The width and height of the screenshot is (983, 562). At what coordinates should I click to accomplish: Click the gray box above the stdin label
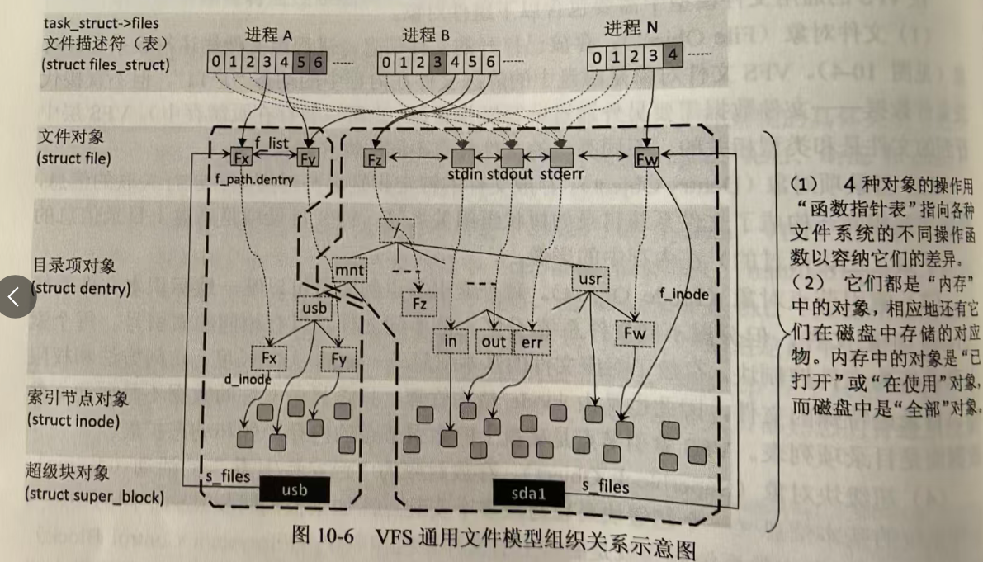coord(462,157)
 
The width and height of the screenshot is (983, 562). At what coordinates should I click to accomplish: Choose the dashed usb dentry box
coord(315,309)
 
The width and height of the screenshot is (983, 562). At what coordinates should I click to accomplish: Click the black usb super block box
coord(294,489)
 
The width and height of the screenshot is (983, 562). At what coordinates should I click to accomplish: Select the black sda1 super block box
coord(529,494)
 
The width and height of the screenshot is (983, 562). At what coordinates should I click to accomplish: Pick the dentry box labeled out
coord(494,342)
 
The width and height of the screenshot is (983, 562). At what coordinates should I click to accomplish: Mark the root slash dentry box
coord(397,229)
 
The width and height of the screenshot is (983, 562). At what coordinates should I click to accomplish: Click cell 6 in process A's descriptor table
coord(319,61)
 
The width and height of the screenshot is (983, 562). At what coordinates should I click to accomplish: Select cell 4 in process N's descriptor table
coord(673,57)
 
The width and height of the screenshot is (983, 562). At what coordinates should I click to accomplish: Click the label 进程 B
coord(426,35)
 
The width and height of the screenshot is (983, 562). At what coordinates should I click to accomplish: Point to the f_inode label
coord(685,293)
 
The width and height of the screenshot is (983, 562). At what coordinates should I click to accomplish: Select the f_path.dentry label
coord(254,179)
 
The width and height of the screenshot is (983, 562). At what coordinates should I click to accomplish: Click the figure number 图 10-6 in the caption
coord(323,535)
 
